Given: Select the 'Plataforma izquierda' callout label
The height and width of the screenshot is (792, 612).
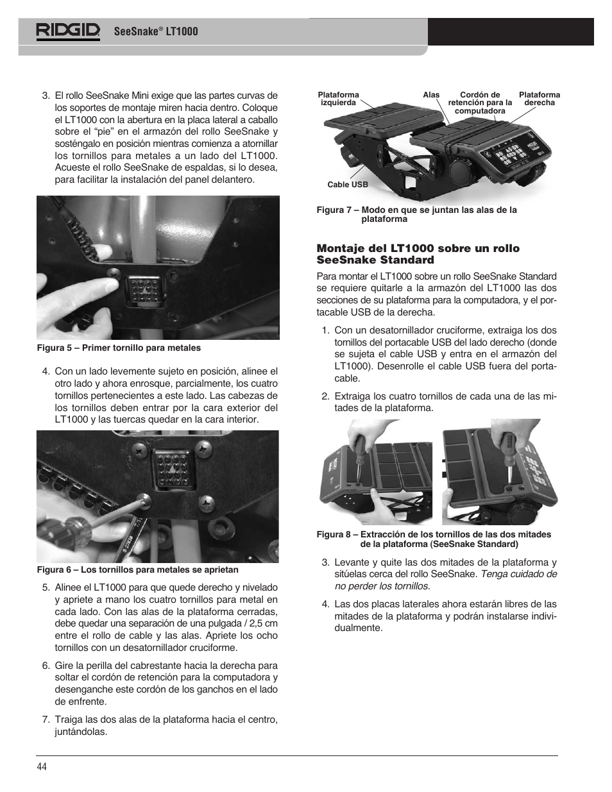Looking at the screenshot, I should coord(338,99).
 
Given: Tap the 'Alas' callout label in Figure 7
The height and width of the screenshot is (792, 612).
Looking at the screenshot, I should coord(431,95).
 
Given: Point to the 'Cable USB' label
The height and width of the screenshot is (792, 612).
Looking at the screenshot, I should coord(348,185).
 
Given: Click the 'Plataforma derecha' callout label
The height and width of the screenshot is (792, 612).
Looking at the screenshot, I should coord(539,99).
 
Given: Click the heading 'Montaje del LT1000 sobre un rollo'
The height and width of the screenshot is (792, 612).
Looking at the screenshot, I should coord(418,248).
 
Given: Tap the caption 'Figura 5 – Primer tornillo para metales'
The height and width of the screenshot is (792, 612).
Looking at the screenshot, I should coord(119,348).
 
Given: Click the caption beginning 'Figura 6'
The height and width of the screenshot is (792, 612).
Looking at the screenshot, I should coord(137,569).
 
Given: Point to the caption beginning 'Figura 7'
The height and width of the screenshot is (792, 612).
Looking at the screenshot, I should coord(417,214).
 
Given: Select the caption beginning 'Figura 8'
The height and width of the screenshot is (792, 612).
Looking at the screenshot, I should coord(434,539).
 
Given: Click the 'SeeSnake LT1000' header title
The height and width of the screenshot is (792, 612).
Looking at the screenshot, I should coord(156,31).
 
